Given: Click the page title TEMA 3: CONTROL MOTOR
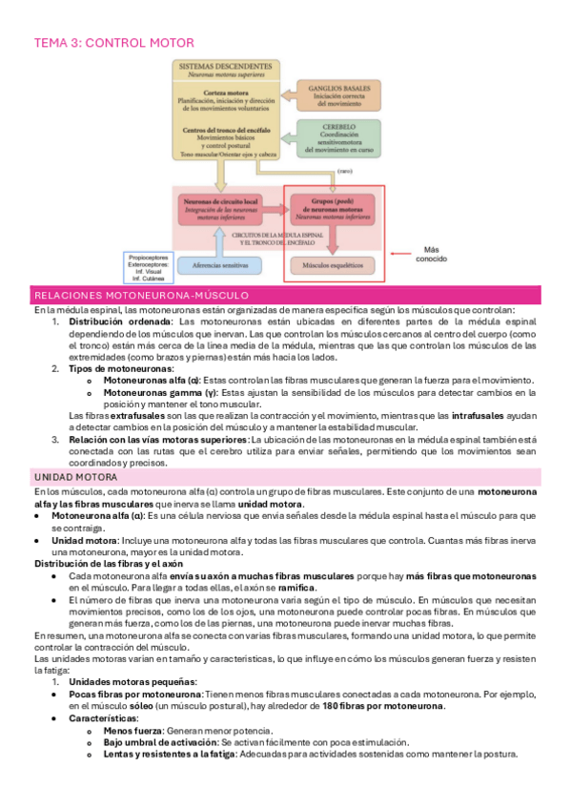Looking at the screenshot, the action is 113,43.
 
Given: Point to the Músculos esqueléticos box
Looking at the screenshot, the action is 333,264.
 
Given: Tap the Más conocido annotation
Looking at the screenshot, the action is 428,252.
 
